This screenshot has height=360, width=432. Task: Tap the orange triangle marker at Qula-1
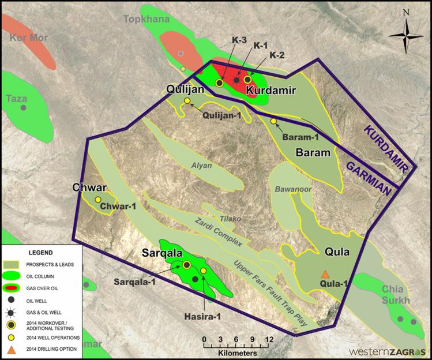(x=325, y=274)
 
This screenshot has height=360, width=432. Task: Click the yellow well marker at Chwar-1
(x=98, y=199)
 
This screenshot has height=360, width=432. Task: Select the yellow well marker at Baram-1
(x=273, y=121)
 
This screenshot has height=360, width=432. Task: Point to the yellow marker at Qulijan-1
(x=187, y=101)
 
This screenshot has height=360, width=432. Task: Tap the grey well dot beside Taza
(x=23, y=108)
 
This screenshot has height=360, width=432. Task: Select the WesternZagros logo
(x=388, y=352)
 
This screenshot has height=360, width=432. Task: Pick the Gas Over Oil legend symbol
(x=11, y=287)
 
